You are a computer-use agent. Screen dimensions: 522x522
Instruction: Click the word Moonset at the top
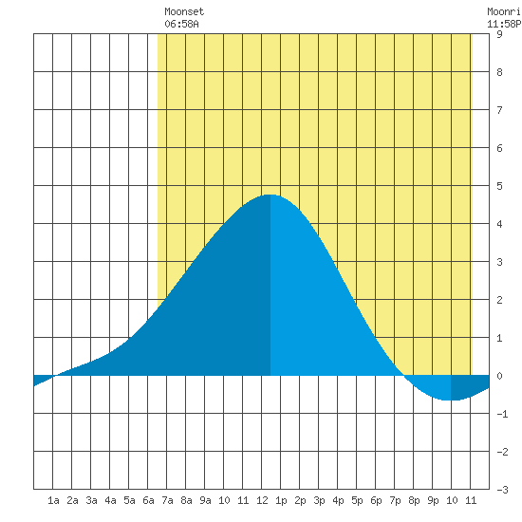[x=184, y=11]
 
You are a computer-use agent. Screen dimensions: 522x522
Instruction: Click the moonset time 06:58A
[x=181, y=24]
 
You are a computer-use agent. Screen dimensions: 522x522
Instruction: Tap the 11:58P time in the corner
[x=504, y=24]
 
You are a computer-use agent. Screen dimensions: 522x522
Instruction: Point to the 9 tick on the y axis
[x=499, y=34]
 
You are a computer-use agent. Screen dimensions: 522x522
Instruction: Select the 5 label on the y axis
[x=499, y=186]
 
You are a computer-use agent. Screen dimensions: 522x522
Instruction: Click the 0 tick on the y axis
[x=499, y=376]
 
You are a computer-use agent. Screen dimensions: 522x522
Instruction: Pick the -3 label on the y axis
[x=502, y=490]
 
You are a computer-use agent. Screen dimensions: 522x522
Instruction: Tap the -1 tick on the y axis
[x=502, y=414]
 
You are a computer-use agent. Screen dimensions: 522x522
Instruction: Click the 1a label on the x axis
[x=53, y=500]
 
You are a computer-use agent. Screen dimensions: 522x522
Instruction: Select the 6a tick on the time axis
[x=148, y=500]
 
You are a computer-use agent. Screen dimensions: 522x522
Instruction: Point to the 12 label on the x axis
[x=262, y=500]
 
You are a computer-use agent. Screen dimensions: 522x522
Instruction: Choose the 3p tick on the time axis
[x=319, y=500]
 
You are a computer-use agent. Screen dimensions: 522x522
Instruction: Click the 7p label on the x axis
[x=395, y=500]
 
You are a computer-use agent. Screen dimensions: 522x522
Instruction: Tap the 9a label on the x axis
[x=205, y=500]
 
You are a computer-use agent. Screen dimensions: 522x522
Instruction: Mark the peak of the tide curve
[x=270, y=195]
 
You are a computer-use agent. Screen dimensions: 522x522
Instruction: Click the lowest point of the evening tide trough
[x=451, y=400]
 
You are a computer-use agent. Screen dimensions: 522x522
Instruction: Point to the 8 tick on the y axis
[x=499, y=72]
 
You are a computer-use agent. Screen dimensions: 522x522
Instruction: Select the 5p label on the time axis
[x=357, y=500]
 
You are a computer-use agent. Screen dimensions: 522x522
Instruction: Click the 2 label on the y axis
[x=499, y=300]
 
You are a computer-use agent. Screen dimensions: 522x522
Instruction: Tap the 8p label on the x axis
[x=414, y=500]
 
